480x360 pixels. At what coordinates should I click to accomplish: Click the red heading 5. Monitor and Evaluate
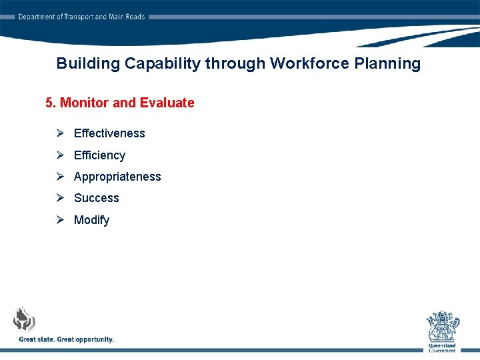(x=120, y=103)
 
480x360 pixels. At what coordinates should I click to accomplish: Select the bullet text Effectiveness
(x=109, y=133)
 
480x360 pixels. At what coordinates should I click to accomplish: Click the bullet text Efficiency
(x=99, y=155)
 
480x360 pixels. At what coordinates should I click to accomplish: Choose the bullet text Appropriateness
(x=117, y=177)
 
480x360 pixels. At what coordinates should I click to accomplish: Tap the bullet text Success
(x=97, y=198)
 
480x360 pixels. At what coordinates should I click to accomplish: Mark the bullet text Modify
(x=91, y=220)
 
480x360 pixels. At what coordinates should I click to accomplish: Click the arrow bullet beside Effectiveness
(x=60, y=133)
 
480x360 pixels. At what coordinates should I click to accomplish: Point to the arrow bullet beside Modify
(x=60, y=219)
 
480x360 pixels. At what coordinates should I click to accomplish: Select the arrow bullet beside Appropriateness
(x=60, y=177)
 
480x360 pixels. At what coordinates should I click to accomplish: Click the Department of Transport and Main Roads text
(x=81, y=17)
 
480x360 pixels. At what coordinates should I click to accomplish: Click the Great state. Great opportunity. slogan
(x=67, y=339)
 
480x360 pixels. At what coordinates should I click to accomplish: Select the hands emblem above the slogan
(x=25, y=319)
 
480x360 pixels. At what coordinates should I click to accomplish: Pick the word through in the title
(x=235, y=64)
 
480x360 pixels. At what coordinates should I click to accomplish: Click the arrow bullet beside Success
(x=60, y=198)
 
